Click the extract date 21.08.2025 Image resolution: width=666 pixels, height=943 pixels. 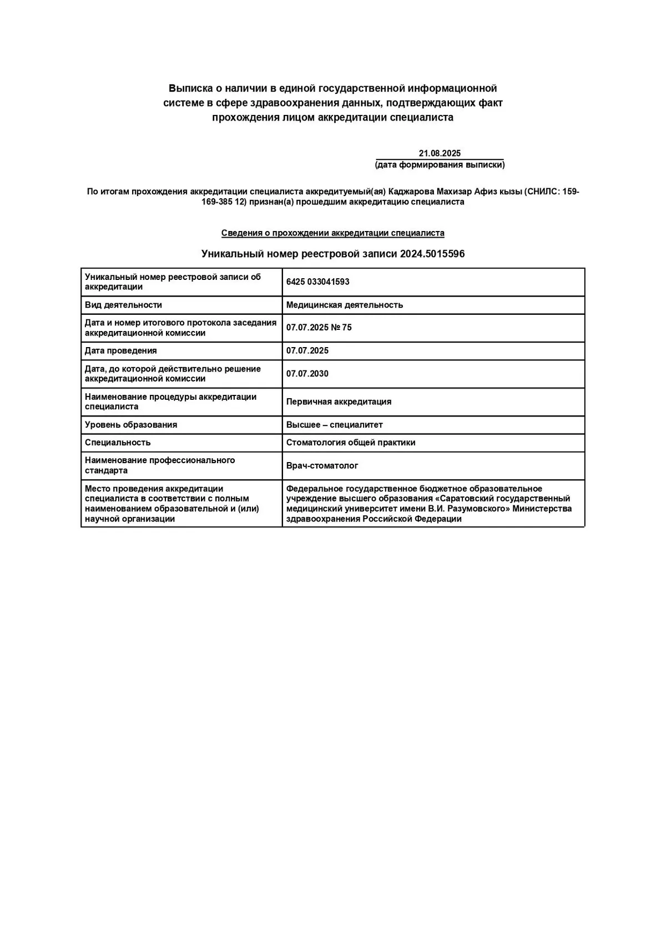coord(440,153)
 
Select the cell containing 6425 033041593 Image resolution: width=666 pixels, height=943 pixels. coord(318,282)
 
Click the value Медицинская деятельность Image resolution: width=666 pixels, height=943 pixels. coord(345,305)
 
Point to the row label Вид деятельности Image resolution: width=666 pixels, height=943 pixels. coord(123,305)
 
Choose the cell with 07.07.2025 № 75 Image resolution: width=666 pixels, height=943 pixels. coord(319,328)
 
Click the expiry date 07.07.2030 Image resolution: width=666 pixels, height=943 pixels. coord(307,374)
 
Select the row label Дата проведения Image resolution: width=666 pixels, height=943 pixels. coord(121,351)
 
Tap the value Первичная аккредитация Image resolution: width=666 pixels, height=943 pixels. coord(339,402)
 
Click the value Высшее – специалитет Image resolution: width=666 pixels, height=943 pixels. coord(335,425)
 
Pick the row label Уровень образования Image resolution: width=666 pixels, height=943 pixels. coord(131,425)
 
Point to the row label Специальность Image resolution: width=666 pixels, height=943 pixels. coord(118,443)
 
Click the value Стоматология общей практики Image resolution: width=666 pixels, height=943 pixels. coord(351,443)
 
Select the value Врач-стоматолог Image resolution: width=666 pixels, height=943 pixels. coord(322,466)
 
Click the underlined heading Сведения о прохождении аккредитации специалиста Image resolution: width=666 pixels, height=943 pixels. coord(333,233)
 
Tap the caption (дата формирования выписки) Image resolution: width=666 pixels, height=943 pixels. coord(440,165)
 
